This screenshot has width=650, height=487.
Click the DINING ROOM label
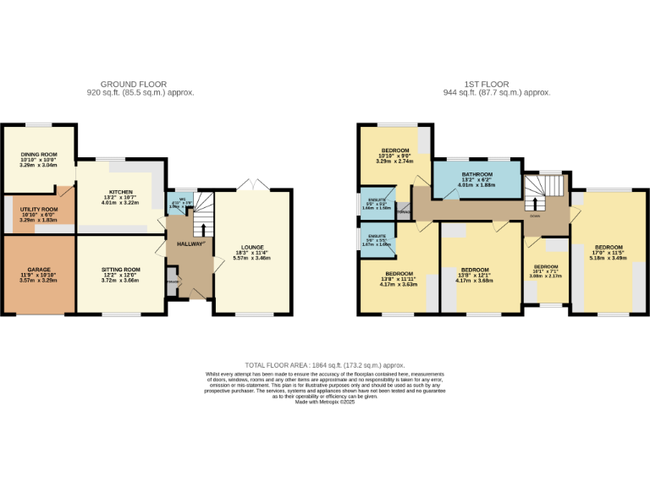tap(38, 155)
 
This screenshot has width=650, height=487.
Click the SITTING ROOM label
tap(119, 270)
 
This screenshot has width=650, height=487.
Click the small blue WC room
tap(182, 202)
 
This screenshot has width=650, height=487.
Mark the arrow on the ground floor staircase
tap(202, 228)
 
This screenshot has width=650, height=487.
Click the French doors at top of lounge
tap(250, 185)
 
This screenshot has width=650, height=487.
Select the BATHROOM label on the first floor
tap(476, 175)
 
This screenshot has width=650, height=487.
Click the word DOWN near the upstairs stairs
tap(534, 216)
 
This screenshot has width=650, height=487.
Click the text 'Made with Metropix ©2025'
tap(325, 402)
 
